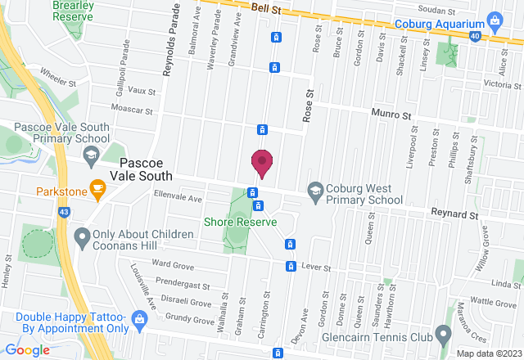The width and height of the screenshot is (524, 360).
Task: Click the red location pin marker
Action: point(262,163)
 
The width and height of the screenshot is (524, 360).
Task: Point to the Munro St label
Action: point(390,116)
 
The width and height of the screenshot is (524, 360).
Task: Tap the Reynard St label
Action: point(455,214)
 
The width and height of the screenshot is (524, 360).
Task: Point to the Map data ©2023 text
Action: point(488,353)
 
